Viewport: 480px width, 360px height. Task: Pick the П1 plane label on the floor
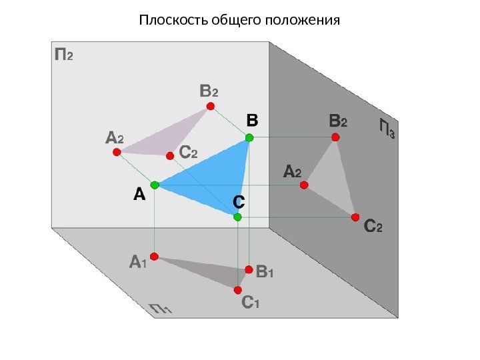[161, 308]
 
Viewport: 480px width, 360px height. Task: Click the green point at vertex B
[249, 137]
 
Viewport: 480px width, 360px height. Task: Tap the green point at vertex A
[155, 184]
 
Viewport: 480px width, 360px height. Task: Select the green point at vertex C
[237, 217]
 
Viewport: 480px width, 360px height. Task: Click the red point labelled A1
[153, 256]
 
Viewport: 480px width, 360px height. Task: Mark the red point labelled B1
[249, 269]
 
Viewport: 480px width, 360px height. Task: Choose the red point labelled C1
[238, 290]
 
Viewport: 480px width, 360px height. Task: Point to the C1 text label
[250, 304]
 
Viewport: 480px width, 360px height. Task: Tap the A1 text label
[137, 262]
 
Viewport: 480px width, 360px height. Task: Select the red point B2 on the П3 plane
[335, 137]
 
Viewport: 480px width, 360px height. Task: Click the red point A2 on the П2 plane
[116, 152]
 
